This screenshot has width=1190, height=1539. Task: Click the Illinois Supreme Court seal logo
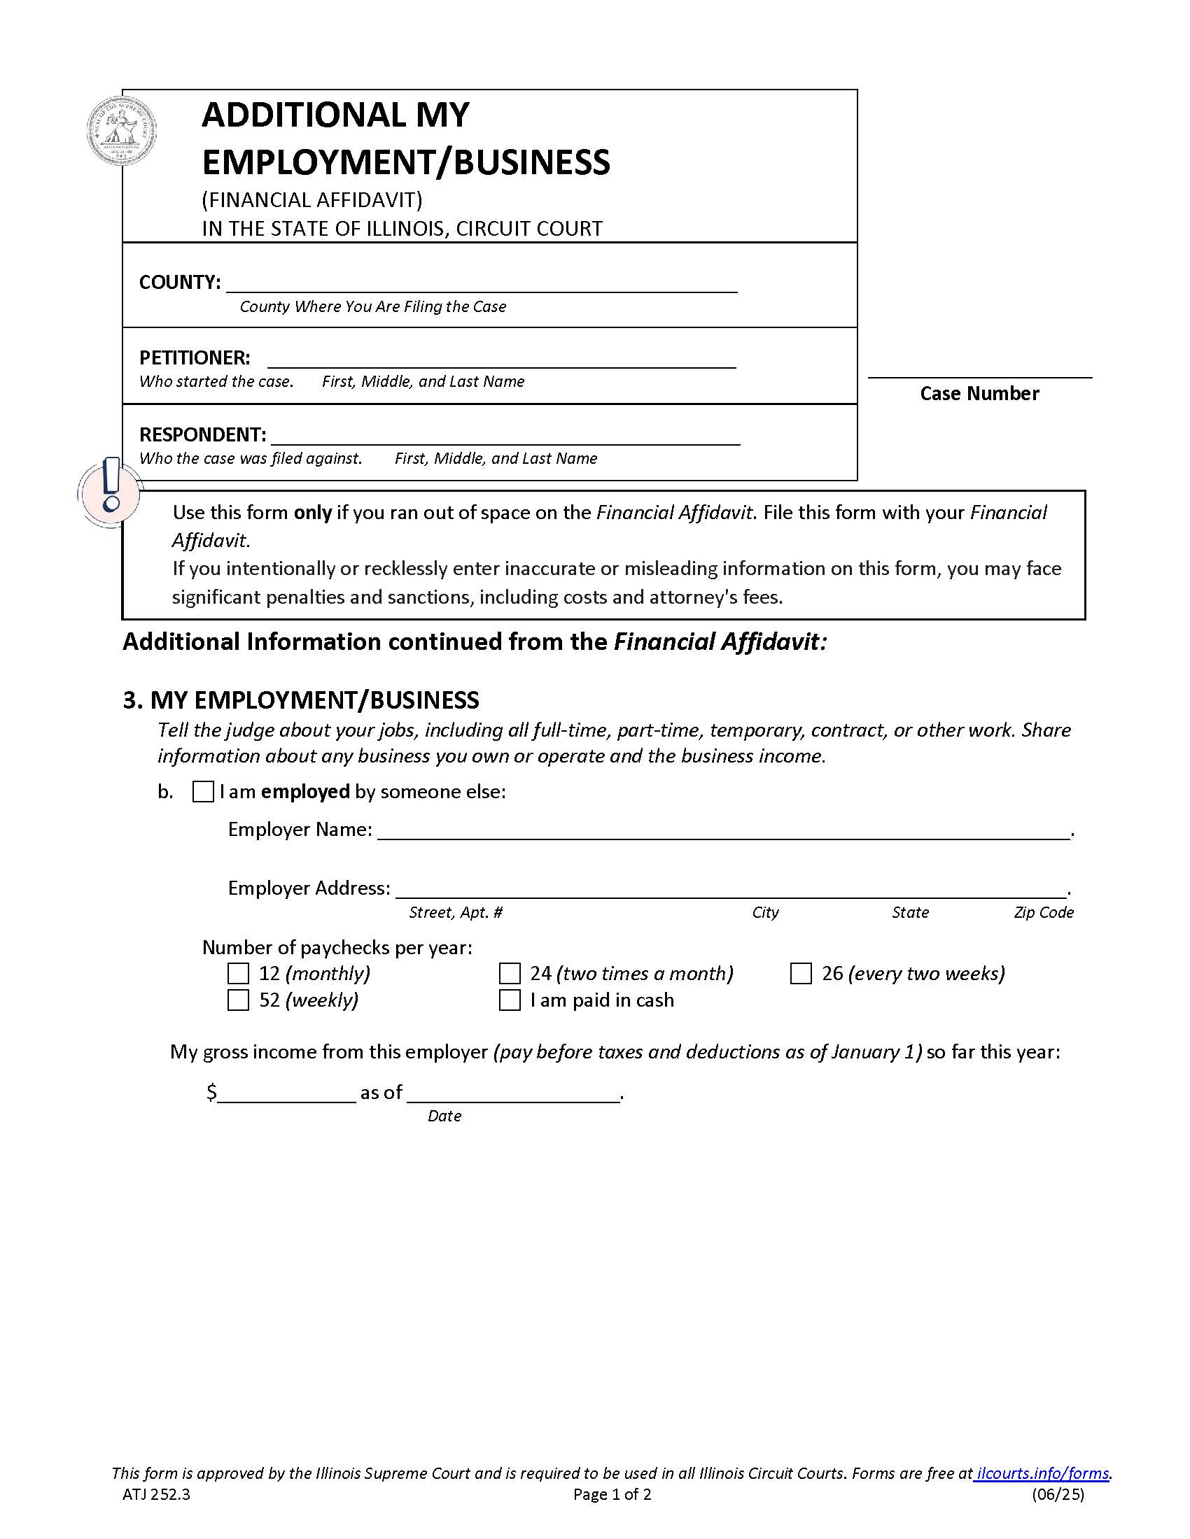[x=121, y=131]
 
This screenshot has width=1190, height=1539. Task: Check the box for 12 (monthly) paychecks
[x=238, y=973]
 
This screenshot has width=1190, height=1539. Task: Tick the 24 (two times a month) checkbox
[x=509, y=973]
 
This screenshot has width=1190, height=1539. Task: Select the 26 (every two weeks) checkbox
[x=800, y=973]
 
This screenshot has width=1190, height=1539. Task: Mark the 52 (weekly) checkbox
[x=238, y=1000]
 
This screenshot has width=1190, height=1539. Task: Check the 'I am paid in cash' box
[x=509, y=1000]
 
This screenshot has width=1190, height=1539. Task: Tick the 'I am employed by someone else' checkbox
[x=203, y=791]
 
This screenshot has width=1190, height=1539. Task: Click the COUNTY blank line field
[x=482, y=283]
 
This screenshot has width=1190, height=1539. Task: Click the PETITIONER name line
[x=501, y=359]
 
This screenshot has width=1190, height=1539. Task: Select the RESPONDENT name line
[x=505, y=436]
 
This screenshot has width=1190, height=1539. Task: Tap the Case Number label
[x=979, y=393]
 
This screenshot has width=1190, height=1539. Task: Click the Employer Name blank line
[x=723, y=830]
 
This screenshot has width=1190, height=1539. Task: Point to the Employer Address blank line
[x=730, y=888]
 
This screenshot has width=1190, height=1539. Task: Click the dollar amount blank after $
[x=287, y=1093]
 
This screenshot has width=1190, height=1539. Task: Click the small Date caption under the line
[x=444, y=1116]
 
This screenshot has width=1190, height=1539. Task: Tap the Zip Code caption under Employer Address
[x=1044, y=912]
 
